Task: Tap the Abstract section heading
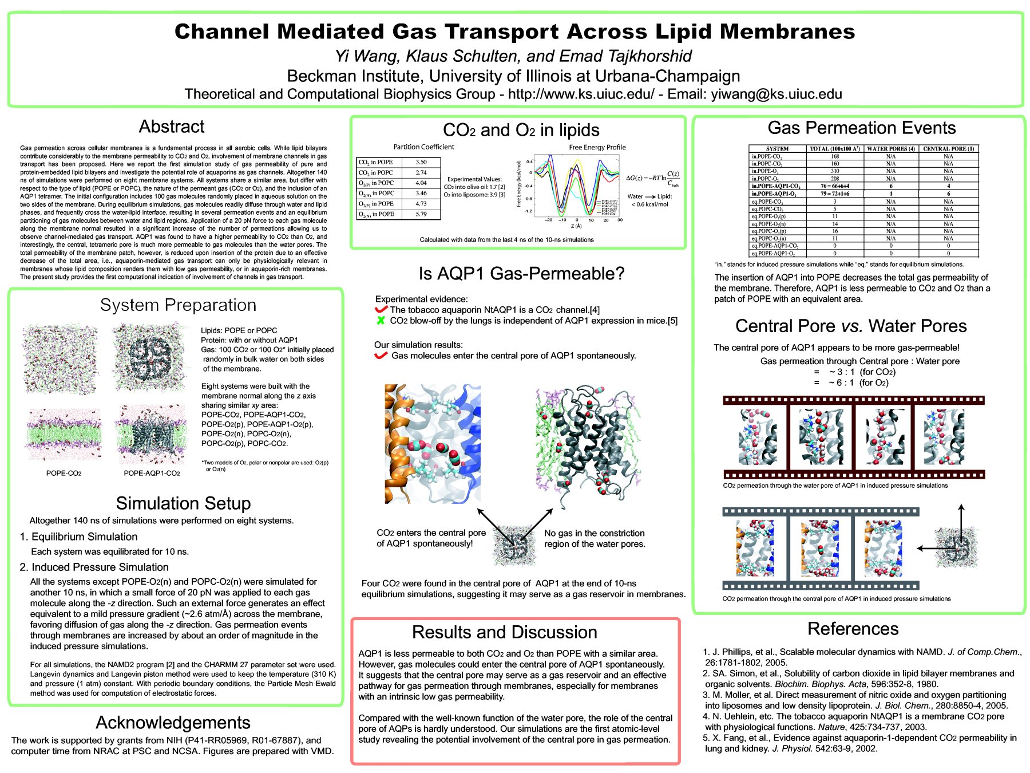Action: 171,127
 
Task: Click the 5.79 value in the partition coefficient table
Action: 421,214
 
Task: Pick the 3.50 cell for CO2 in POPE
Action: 421,162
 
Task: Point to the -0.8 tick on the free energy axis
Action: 529,199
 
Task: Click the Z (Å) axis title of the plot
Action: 576,226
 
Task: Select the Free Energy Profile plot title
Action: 597,147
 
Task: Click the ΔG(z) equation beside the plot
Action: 652,178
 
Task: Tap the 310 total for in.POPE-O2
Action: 835,171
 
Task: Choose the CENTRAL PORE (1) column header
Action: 948,148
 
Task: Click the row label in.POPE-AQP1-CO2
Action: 775,186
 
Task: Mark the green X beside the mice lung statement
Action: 381,321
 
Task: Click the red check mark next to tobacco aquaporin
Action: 381,310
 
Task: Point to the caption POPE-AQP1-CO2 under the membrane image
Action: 152,474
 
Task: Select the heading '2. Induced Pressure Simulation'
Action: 94,567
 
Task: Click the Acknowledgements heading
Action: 173,723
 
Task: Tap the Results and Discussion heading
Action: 504,632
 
